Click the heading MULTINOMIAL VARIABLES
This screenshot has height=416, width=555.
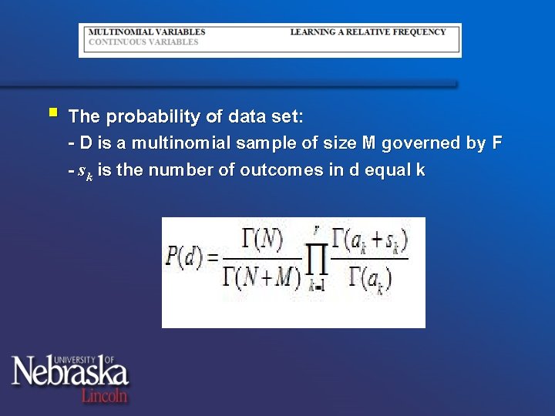pyautogui.click(x=147, y=32)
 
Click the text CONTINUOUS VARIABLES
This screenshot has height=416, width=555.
pyautogui.click(x=143, y=42)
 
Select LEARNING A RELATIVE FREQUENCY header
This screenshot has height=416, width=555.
pyautogui.click(x=368, y=32)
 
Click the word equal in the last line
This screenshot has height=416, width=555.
pyautogui.click(x=385, y=171)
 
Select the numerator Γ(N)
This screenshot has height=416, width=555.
pyautogui.click(x=261, y=241)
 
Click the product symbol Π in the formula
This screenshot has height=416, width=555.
pyautogui.click(x=317, y=259)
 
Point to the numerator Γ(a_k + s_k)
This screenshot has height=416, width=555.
pyautogui.click(x=369, y=241)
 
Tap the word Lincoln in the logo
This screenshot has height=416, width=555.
pyautogui.click(x=104, y=396)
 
